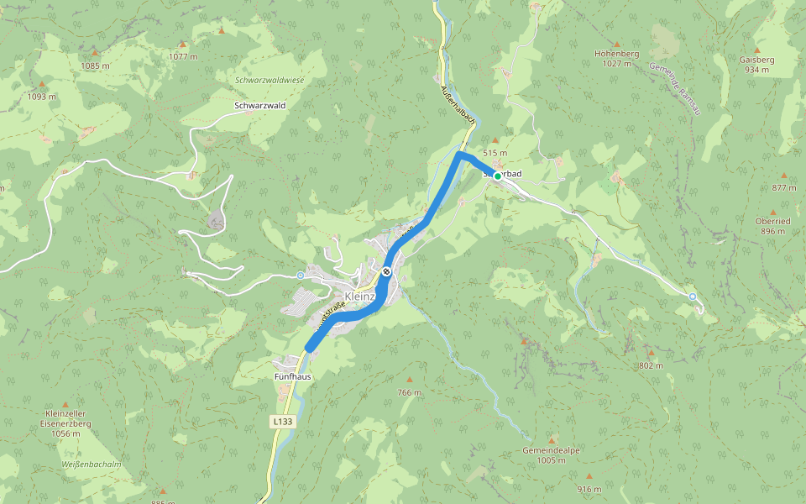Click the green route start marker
click(497, 176)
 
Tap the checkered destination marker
click(385, 270)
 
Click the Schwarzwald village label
click(260, 106)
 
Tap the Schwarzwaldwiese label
click(270, 80)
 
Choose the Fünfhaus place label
click(292, 377)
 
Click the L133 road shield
click(282, 421)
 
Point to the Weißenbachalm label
click(92, 464)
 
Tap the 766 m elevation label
click(409, 393)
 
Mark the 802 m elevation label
click(650, 365)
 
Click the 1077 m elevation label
click(182, 56)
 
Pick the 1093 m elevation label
click(42, 96)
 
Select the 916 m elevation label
click(589, 489)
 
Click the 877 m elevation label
click(784, 187)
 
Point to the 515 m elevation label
click(495, 153)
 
